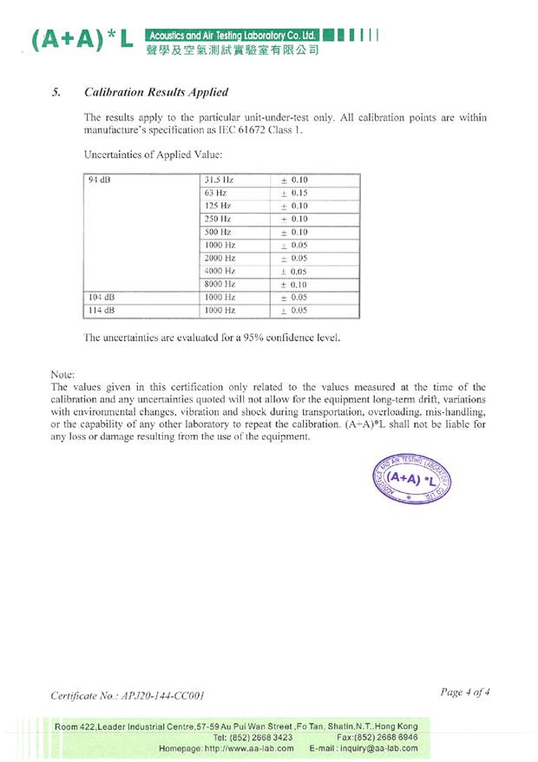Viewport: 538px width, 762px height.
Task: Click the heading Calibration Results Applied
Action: pos(156,92)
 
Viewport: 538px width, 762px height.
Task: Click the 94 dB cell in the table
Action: pos(99,181)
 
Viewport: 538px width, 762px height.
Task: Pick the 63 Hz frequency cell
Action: pos(215,193)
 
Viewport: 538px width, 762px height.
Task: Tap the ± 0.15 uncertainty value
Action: pos(295,193)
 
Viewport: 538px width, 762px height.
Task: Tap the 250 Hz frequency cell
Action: pos(217,219)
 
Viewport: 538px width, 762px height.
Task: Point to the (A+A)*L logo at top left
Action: pos(82,40)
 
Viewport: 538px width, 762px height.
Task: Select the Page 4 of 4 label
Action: pos(466,693)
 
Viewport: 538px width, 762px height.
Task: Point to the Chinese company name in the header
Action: pos(234,50)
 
